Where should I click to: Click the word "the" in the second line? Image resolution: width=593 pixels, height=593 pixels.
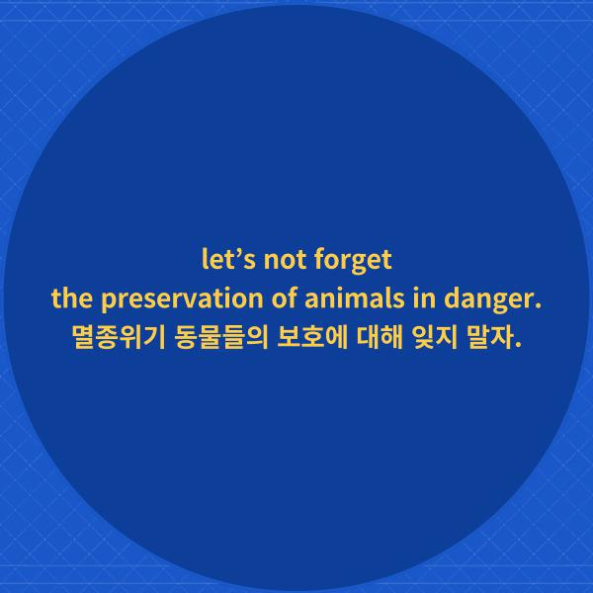coord(68,299)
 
